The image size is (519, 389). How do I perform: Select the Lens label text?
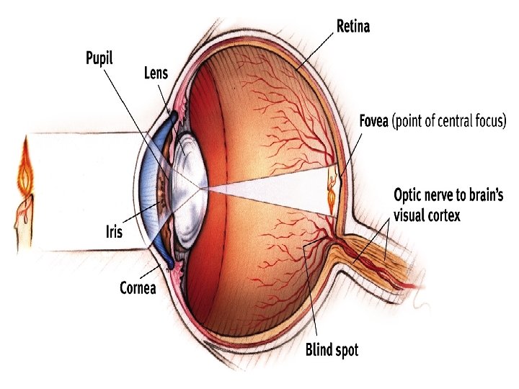pos(156,74)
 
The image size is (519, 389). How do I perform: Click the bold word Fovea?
pos(375,120)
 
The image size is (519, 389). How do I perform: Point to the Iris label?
pos(114,232)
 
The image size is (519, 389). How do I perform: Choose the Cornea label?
pos(138,289)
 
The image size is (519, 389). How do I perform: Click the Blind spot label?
pos(332,351)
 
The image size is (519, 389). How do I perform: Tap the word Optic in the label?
pos(409,194)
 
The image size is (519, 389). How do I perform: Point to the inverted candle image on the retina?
pos(332,191)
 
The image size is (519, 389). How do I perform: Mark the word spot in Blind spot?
pos(345,351)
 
